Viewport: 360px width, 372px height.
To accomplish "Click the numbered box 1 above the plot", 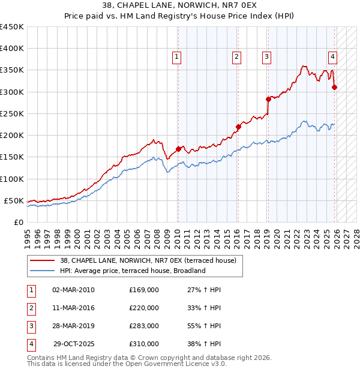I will click(x=178, y=57).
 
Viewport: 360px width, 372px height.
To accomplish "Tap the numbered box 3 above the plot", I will click(x=266, y=57).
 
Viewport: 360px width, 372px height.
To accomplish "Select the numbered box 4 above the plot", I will click(x=332, y=57).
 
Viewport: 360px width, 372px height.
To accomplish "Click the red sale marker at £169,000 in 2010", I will click(x=178, y=149).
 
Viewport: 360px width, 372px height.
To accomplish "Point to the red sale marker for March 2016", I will click(x=238, y=127).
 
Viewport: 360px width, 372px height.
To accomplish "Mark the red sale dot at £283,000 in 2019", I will click(x=268, y=99).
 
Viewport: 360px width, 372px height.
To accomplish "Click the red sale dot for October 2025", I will click(x=334, y=87).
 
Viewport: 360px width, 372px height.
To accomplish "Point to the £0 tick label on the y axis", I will click(x=18, y=223).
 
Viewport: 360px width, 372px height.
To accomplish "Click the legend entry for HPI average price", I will click(x=133, y=271).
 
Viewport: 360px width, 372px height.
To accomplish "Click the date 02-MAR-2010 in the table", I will click(x=73, y=290).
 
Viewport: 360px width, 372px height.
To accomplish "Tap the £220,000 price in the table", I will click(x=143, y=308).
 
